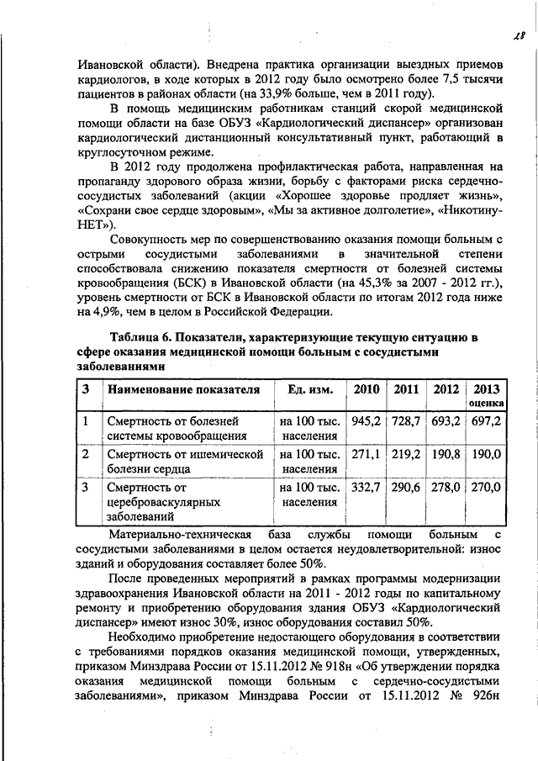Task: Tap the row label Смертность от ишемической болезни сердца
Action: (184, 461)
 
